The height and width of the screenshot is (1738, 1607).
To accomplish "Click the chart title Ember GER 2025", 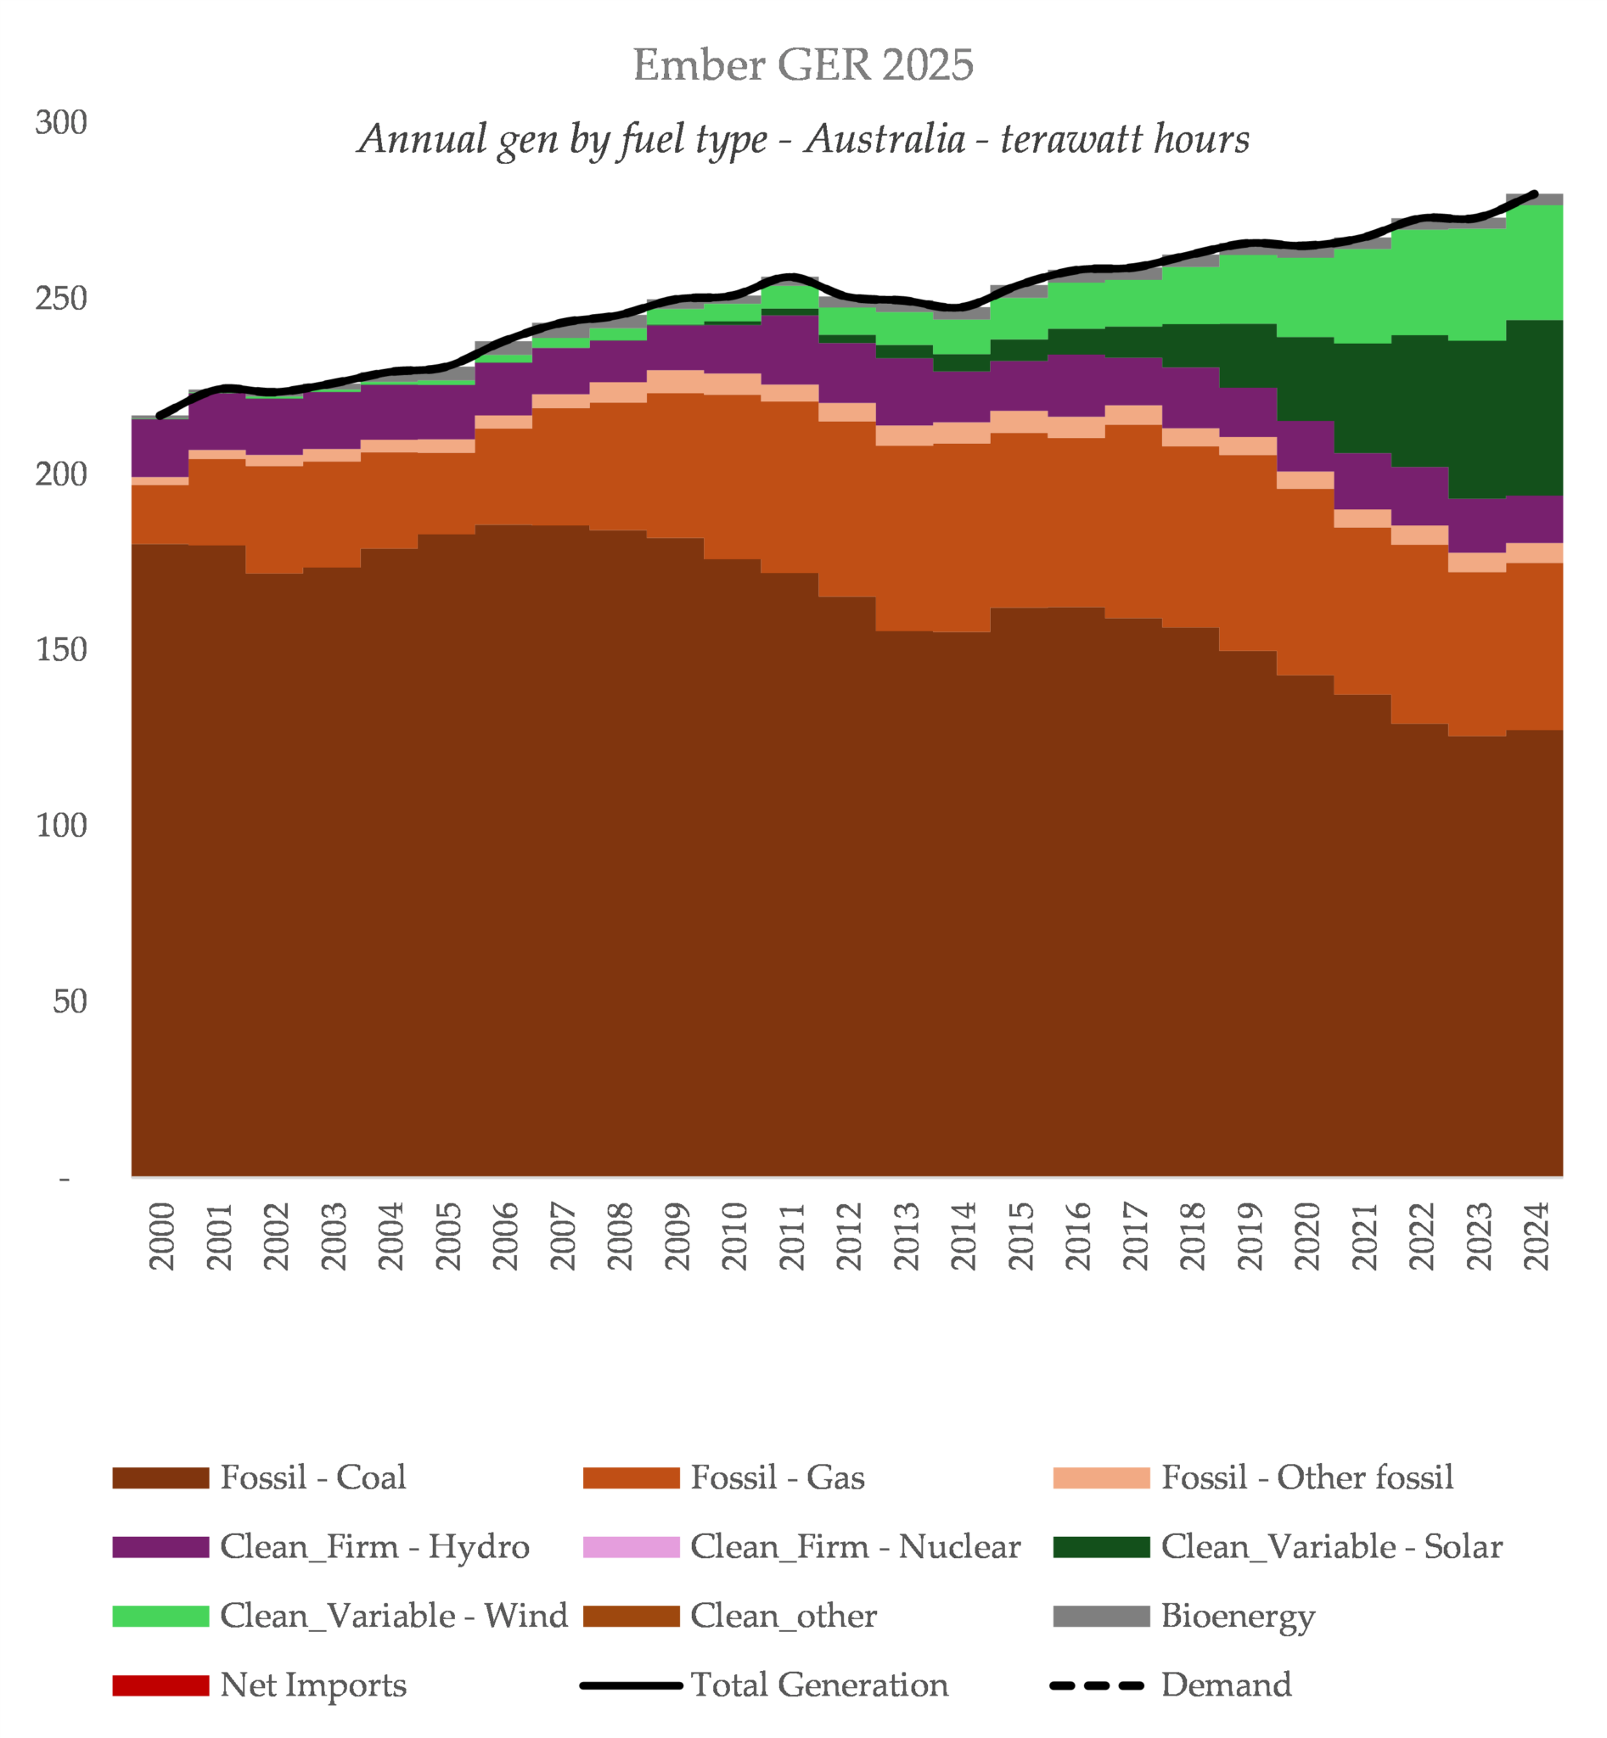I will pos(802,65).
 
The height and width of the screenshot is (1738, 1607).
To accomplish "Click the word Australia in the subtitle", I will pos(884,140).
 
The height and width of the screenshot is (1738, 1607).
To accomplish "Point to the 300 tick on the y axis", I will pos(61,122).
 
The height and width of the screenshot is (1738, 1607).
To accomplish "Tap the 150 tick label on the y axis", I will pos(61,649).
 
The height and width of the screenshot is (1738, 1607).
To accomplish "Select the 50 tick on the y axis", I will pos(70,1001).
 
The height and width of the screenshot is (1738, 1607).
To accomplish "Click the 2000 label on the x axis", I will pos(162,1236).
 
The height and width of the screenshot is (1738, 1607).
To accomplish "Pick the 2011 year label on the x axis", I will pos(791,1236).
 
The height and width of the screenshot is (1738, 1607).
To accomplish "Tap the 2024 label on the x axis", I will pos(1536,1236).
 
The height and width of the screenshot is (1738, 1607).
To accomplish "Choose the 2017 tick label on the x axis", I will pos(1135,1236).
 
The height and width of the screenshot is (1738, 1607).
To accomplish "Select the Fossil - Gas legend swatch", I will pos(631,1478).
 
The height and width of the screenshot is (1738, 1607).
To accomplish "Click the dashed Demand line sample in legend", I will pos(1097,1686).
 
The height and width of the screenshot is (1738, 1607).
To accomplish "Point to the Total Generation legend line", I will pos(631,1686).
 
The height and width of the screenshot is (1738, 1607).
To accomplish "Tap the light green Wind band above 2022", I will pos(1419,282).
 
